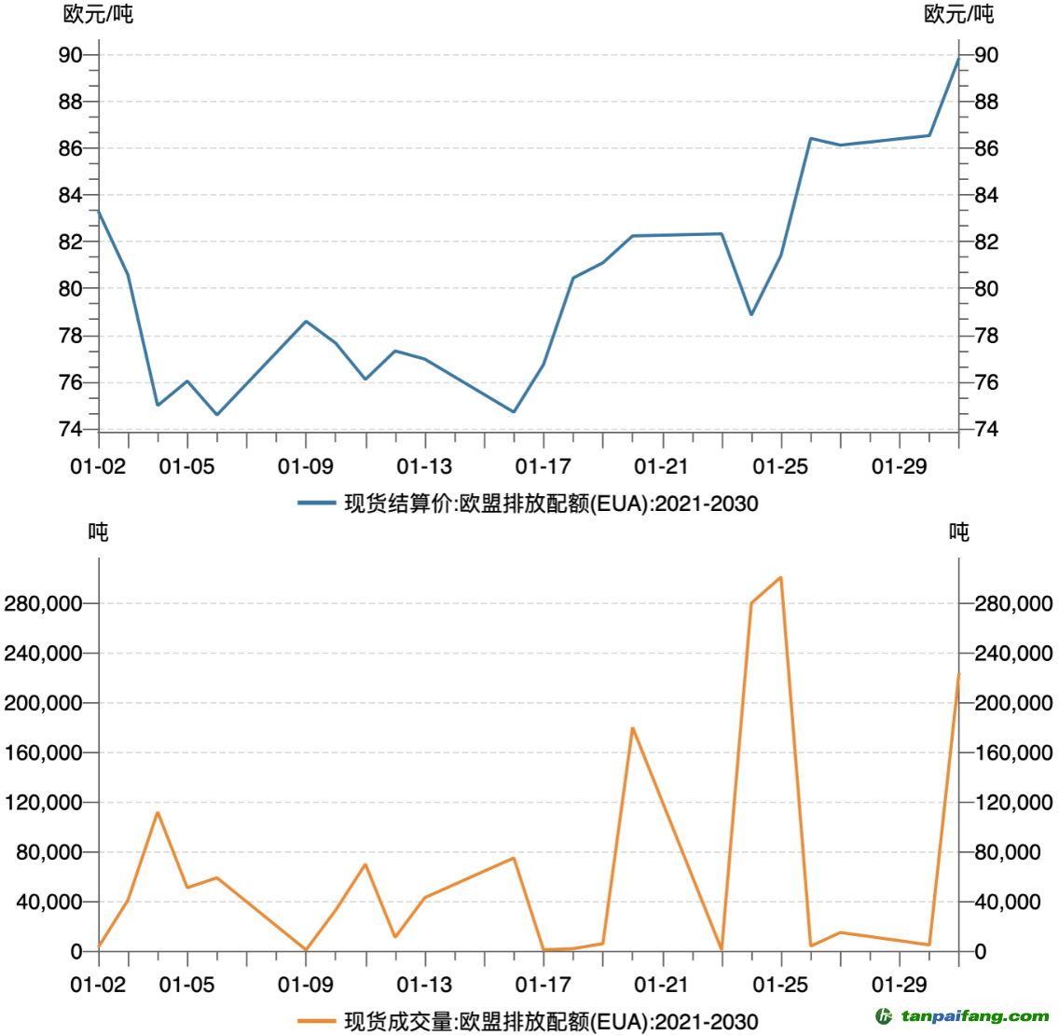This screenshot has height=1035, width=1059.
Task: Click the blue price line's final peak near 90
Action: tap(958, 59)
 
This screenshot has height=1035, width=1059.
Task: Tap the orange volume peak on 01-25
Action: tap(780, 578)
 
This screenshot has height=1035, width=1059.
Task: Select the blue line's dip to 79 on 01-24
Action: tap(751, 313)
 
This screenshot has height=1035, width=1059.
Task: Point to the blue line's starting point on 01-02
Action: tap(99, 211)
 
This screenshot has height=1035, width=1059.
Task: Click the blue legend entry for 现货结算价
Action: tap(528, 504)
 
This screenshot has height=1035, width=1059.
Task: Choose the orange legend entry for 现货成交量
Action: tap(528, 1021)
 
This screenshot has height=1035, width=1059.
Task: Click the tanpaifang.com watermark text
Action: tap(975, 1015)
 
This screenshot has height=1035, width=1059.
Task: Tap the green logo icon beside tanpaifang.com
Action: tap(884, 1015)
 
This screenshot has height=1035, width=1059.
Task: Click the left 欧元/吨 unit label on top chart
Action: tap(98, 14)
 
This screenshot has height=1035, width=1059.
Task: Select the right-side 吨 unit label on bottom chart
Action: tap(958, 531)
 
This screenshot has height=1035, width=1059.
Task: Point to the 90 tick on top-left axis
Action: tap(71, 55)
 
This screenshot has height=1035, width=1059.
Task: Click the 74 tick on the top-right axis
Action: tap(986, 429)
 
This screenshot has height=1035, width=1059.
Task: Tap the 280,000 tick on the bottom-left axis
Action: tap(43, 604)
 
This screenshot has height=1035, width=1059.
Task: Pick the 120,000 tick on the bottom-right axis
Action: tap(1013, 803)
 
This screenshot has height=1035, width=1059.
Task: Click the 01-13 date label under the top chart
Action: tap(424, 466)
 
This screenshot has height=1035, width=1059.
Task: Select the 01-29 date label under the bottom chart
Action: tap(899, 984)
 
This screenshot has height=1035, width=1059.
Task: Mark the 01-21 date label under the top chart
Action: tap(661, 466)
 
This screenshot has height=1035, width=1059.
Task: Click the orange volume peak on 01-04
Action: tap(158, 812)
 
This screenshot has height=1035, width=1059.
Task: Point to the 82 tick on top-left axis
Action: tap(71, 241)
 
